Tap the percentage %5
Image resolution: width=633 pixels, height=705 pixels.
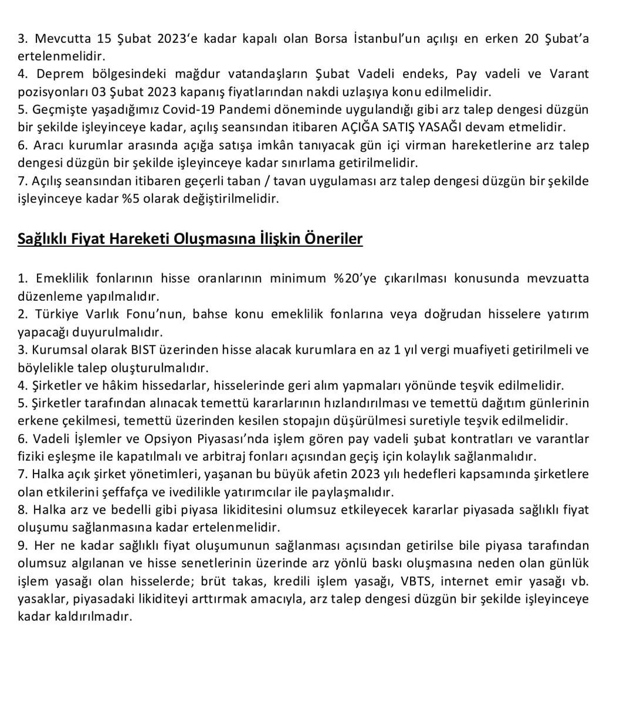point(132,199)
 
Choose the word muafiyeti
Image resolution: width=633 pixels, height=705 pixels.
point(462,350)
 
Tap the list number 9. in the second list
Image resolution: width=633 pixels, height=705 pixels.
point(23,546)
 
